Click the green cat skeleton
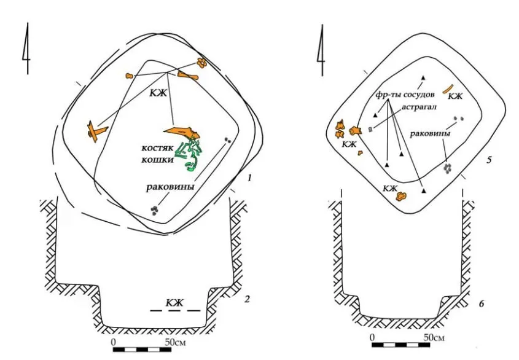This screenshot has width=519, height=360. pos(189,155)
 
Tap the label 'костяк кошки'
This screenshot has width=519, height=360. pos(158,154)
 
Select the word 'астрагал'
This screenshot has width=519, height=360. pos(419,108)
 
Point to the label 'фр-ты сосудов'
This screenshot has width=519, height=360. pos(405,95)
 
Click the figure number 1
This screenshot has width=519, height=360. pos(249,178)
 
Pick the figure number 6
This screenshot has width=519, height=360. pos(482,303)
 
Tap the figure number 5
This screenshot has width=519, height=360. pos(489,160)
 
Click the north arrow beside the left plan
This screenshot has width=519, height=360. pos(27,49)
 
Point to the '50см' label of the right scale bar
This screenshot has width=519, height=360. pos(434,337)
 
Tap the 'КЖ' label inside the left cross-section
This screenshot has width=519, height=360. pos(174,302)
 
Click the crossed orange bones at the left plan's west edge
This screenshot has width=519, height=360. pos(96,131)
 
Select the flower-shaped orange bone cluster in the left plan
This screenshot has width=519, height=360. pos(201,62)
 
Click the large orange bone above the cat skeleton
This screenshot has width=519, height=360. pos(182,132)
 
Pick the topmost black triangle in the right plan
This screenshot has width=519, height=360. pos(423,78)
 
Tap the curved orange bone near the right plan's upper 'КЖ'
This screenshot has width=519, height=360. pos(448,90)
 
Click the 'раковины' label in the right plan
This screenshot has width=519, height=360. pos(430,133)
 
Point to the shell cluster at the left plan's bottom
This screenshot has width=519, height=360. pos(154,210)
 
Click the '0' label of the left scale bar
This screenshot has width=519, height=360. pos(114,342)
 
